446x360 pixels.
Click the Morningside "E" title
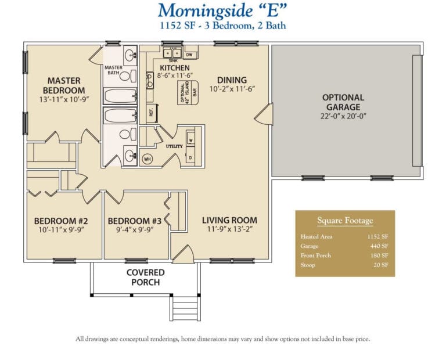click(223, 10)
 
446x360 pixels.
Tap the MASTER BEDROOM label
click(64, 85)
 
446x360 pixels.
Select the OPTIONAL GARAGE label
click(343, 102)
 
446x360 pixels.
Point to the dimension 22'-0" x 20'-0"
click(343, 116)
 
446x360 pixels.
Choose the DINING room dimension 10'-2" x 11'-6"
click(232, 89)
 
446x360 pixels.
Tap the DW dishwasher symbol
click(189, 55)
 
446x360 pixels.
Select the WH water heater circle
click(147, 157)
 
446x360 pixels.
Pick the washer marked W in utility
click(191, 141)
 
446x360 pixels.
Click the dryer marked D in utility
click(191, 157)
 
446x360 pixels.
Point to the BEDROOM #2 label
click(60, 221)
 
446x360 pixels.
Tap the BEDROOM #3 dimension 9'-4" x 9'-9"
click(134, 230)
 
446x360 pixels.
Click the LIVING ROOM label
click(229, 220)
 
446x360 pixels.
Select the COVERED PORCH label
click(145, 277)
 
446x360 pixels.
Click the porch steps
click(184, 304)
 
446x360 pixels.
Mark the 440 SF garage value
click(379, 246)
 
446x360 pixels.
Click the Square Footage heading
click(345, 221)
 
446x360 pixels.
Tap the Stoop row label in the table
click(308, 265)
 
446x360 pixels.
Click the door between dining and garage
click(263, 114)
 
